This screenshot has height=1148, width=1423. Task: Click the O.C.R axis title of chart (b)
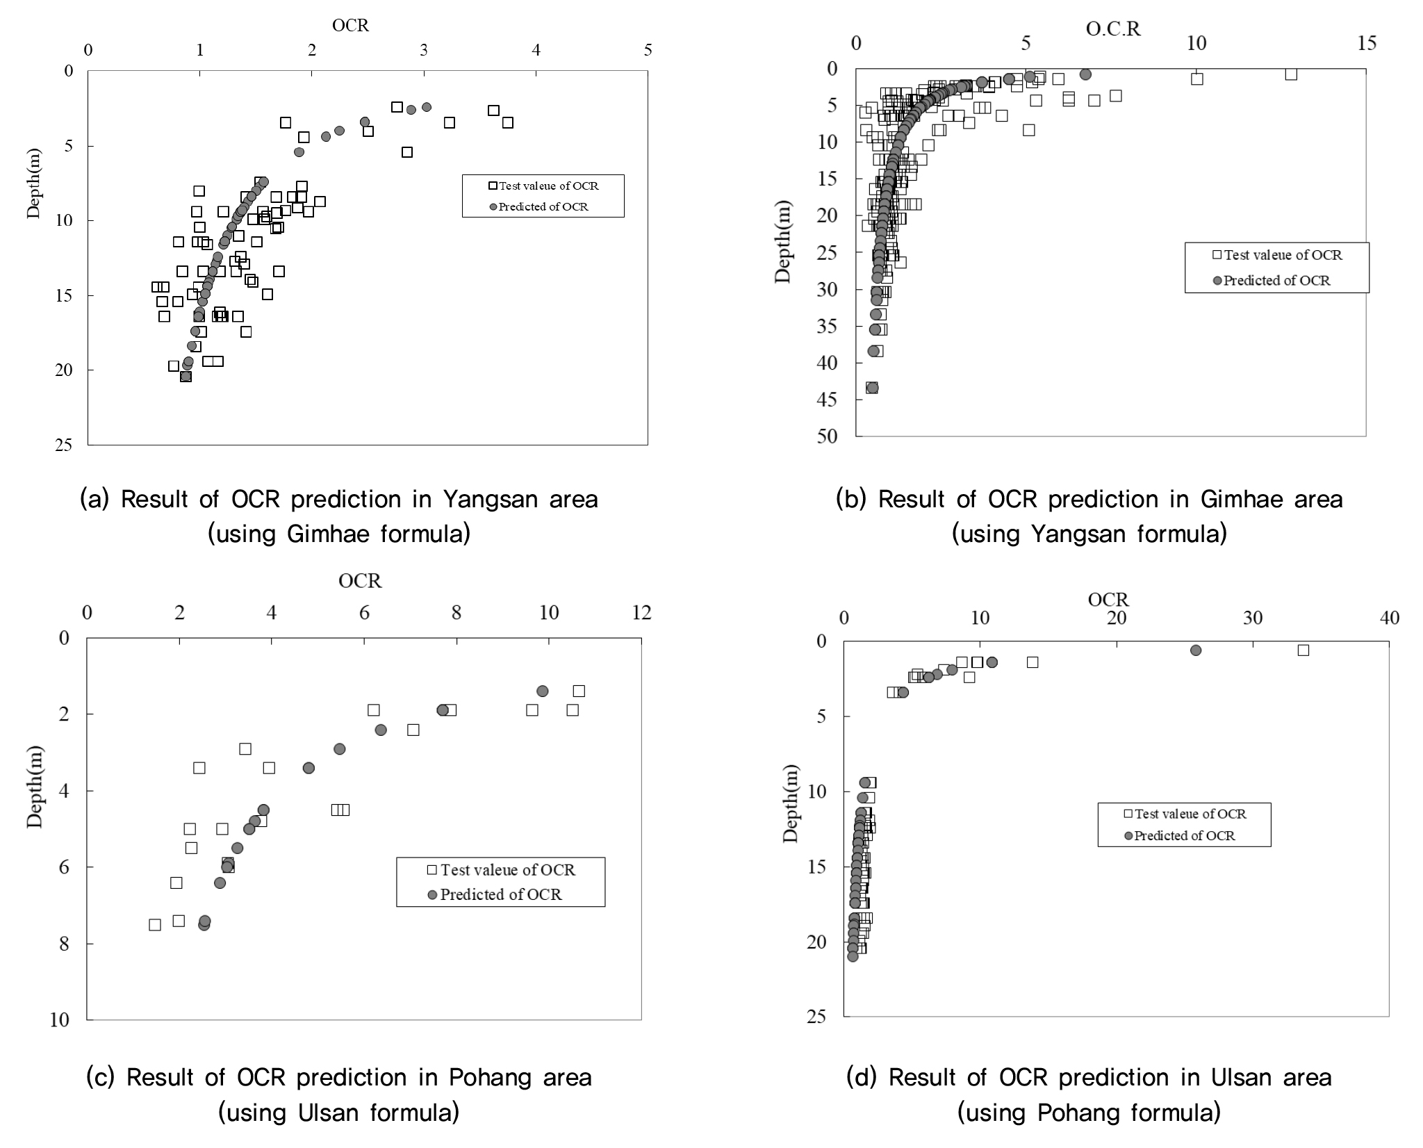coord(1113,28)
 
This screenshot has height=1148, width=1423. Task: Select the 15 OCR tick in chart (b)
coord(1366,43)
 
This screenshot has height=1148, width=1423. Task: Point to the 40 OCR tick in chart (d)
coord(1389,618)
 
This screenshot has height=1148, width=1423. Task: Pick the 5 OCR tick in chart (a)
coord(648,50)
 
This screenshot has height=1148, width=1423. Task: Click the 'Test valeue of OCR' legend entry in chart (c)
coord(507,870)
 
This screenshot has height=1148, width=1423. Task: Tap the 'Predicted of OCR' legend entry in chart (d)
coord(1184,835)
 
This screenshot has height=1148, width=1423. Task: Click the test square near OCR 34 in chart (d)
coord(1303,650)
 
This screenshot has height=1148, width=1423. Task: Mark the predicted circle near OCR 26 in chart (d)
coord(1196,650)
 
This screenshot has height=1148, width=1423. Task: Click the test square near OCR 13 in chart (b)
coord(1291,74)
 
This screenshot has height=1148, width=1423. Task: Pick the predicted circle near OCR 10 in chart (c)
coord(543,691)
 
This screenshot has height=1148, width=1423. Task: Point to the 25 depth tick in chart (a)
coord(65,445)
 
